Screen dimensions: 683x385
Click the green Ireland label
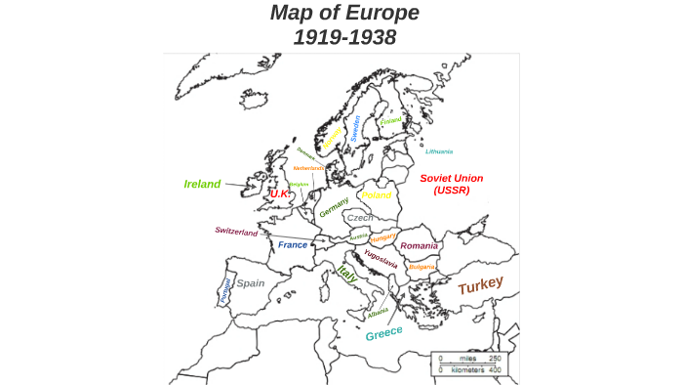coord(202,183)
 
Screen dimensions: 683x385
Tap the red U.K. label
coord(281,194)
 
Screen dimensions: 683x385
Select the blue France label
coord(293,245)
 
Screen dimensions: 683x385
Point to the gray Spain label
coord(251,283)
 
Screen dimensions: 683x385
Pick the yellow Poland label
coord(377,195)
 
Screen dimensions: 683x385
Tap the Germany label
coord(334,207)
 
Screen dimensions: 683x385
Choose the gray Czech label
coord(360,218)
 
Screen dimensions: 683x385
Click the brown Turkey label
coord(481,285)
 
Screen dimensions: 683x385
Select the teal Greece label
coord(383,333)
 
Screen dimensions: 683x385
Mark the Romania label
coord(419,245)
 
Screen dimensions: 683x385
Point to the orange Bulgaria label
coord(422,266)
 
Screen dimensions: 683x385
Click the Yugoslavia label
coord(381,259)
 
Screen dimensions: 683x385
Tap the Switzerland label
coord(236,232)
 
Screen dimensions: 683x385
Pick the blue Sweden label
coord(356,129)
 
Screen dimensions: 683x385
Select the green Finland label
coord(391,121)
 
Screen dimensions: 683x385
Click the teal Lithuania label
coord(439,151)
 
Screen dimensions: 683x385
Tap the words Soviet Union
coord(452,178)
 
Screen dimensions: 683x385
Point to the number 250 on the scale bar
coord(494,358)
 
